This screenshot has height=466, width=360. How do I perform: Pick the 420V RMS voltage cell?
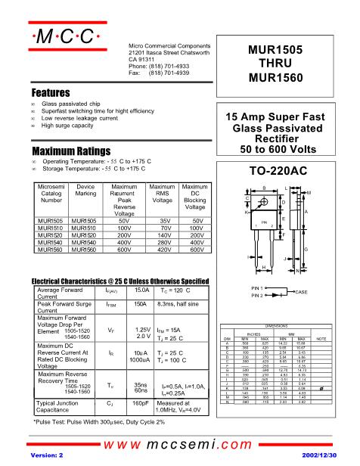(x=162, y=249)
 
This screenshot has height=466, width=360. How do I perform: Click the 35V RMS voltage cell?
(x=162, y=222)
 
